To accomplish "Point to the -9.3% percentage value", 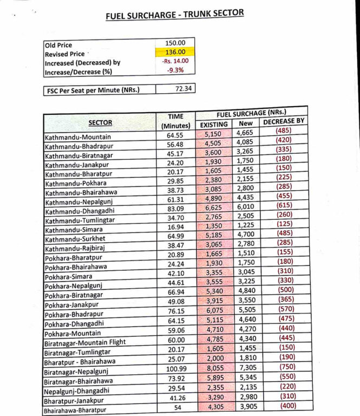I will (175, 70).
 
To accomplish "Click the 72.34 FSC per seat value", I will (185, 88).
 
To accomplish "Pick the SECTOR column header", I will (100, 122).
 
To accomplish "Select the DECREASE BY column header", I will (284, 122).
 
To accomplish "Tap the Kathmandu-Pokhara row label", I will (71, 184).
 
